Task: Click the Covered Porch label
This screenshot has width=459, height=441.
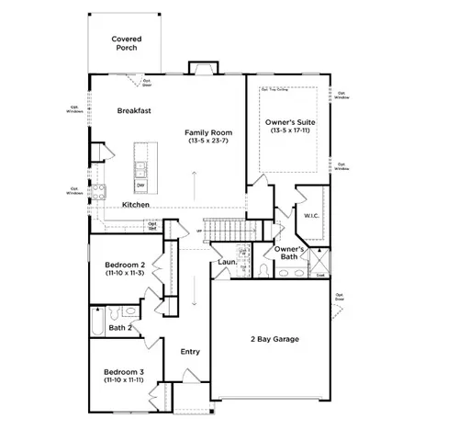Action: [125, 43]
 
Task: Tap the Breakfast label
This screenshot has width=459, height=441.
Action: [134, 110]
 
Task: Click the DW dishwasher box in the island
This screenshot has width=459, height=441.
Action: [140, 185]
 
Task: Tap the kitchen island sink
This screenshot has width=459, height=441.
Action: [141, 168]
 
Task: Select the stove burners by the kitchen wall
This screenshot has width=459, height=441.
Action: [97, 191]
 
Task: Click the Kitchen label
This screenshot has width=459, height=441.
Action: [136, 204]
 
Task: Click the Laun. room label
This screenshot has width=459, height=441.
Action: [228, 263]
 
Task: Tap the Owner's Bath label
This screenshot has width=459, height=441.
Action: [289, 254]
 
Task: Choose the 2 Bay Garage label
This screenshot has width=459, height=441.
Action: [275, 339]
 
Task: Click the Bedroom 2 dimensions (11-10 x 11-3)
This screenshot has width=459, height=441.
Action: [124, 272]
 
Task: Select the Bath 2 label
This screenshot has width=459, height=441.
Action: [121, 327]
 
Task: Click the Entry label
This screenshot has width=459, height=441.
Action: [190, 352]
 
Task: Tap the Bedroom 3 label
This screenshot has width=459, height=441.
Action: [124, 370]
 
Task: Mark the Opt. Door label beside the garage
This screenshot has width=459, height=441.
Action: [340, 297]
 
